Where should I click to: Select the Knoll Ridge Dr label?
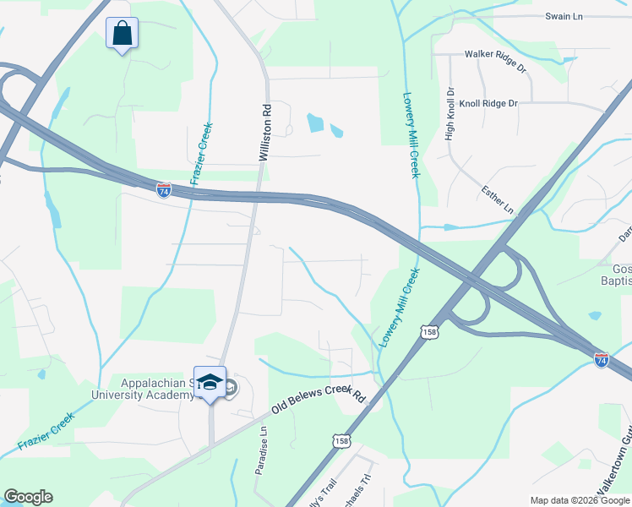[488, 103]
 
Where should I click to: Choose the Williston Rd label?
[264, 134]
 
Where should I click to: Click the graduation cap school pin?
[210, 382]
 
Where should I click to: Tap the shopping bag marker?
[122, 34]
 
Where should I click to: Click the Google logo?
[28, 497]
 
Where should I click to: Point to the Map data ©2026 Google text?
[580, 500]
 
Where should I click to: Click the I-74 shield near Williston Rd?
[164, 189]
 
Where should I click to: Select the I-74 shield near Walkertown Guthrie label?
[601, 360]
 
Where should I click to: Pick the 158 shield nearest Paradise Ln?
[341, 441]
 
